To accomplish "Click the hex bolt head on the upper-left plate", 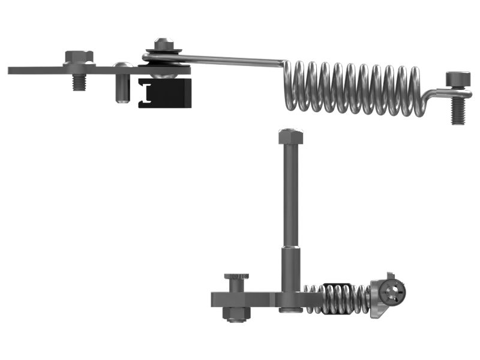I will pyautogui.click(x=79, y=57).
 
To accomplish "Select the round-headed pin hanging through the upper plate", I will pyautogui.click(x=122, y=84).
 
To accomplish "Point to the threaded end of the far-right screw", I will pyautogui.click(x=458, y=112).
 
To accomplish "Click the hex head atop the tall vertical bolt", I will pyautogui.click(x=290, y=136).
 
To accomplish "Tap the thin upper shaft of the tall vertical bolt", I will pyautogui.click(x=290, y=192).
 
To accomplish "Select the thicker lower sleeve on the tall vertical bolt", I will pyautogui.click(x=290, y=270).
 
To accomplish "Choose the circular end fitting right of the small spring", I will pyautogui.click(x=394, y=292).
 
